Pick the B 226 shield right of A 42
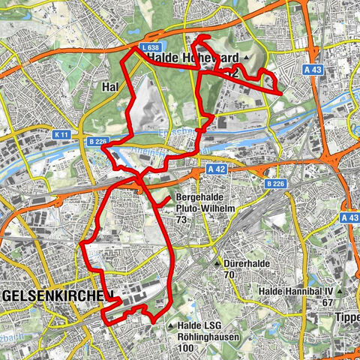coord(274,183)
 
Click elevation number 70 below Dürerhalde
coord(229,275)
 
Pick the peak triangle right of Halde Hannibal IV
coord(341,291)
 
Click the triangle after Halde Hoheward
coord(245,59)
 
